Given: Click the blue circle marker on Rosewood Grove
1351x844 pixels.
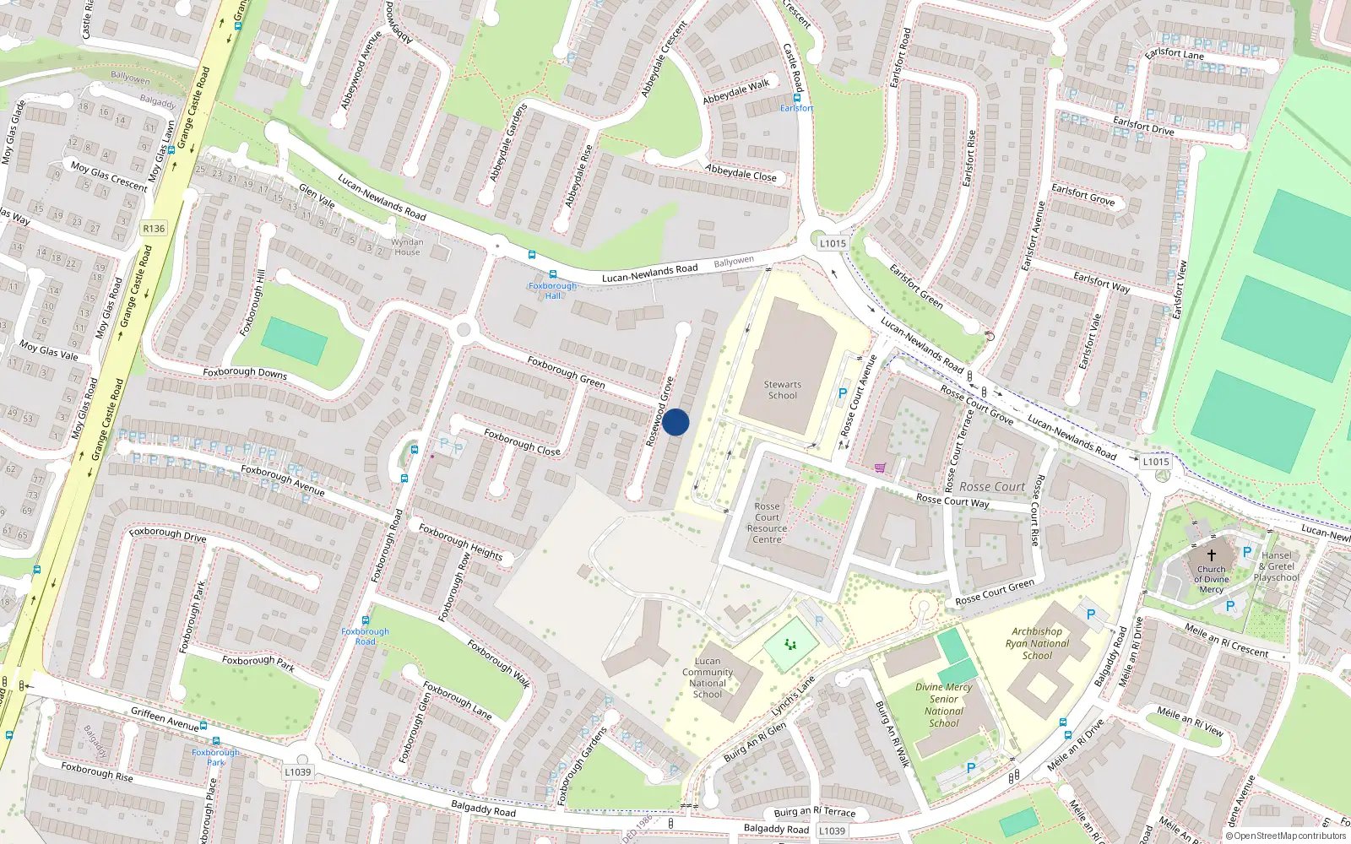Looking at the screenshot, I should click(x=675, y=422).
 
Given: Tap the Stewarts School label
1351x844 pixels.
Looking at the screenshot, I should click(x=782, y=390).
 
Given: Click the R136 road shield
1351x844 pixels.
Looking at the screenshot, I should click(x=154, y=229).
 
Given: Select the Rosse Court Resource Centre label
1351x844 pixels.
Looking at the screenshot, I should click(x=767, y=523).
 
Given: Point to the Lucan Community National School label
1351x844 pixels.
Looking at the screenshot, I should click(x=708, y=678).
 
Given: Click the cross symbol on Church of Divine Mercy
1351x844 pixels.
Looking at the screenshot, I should click(x=1211, y=555).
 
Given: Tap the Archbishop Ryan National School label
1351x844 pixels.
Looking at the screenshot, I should click(x=1037, y=643).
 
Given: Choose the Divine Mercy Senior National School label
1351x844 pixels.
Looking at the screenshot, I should click(x=944, y=705).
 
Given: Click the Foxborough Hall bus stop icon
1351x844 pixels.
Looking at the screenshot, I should click(x=553, y=274).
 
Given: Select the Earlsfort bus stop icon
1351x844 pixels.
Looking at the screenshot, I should click(x=796, y=97).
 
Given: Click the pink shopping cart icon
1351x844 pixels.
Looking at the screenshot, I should click(x=881, y=468).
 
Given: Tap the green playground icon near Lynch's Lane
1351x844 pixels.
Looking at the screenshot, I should click(x=791, y=645).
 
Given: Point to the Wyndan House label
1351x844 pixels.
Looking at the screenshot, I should click(x=407, y=246).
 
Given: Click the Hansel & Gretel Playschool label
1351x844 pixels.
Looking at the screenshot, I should click(x=1277, y=566).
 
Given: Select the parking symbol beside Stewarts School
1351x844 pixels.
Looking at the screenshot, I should click(x=842, y=393).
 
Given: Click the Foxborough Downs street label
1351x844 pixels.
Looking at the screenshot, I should click(x=245, y=372).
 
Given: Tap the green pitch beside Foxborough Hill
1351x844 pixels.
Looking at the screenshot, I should click(x=294, y=341).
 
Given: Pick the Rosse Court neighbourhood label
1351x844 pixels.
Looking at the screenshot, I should click(x=992, y=486).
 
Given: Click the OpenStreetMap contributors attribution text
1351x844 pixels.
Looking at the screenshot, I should click(x=1285, y=836).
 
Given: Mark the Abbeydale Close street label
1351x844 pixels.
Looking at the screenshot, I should click(x=741, y=173).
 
